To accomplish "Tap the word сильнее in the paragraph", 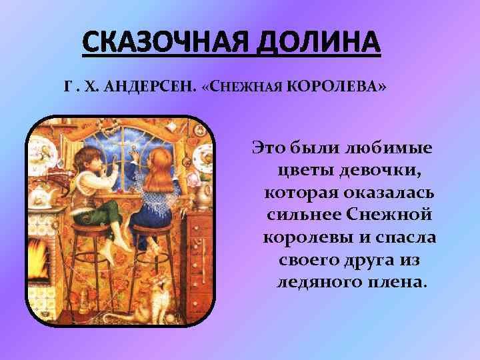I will tap(303, 215).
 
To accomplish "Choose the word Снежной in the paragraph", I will tap(395, 215).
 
